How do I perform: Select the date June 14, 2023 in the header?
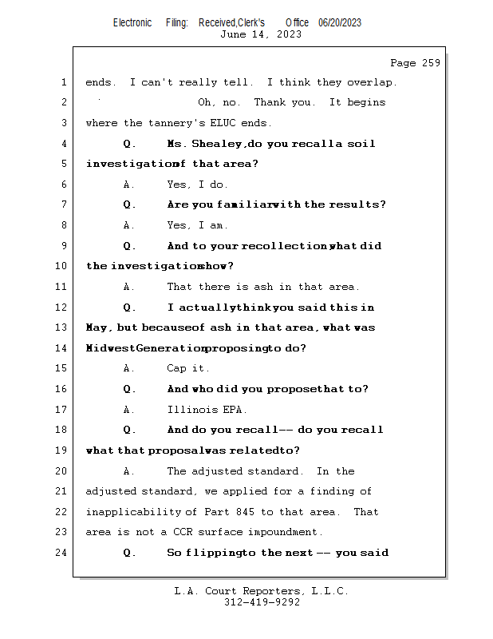(261, 34)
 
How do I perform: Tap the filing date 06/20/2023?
(340, 23)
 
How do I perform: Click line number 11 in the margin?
(62, 287)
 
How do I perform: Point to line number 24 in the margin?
(62, 553)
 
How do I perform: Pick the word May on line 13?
(97, 327)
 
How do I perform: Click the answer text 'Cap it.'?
(188, 368)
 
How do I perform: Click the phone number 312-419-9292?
(261, 603)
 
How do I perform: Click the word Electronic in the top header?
(132, 23)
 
